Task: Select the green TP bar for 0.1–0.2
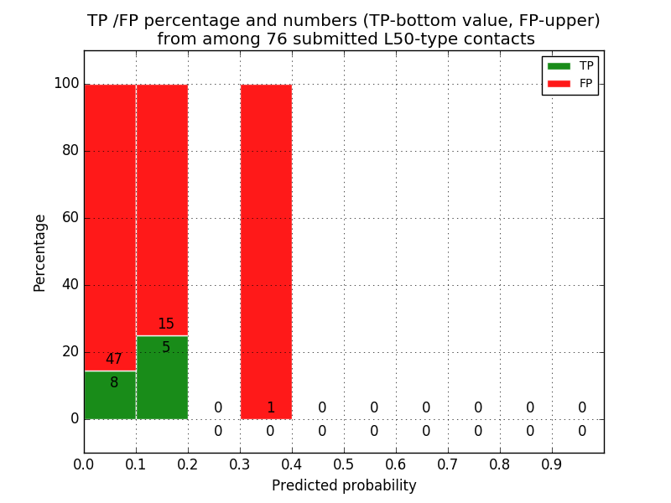tap(162, 381)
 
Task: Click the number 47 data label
tap(114, 360)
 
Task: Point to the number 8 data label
tap(114, 383)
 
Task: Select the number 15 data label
tap(166, 324)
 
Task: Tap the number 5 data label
tap(166, 348)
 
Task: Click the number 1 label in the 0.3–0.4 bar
tap(270, 408)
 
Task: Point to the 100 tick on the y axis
tap(66, 84)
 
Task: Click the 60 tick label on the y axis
tap(70, 218)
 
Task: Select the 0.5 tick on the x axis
tap(344, 464)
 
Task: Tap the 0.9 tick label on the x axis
tap(552, 464)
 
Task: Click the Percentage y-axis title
tap(40, 252)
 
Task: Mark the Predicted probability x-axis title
tap(344, 485)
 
